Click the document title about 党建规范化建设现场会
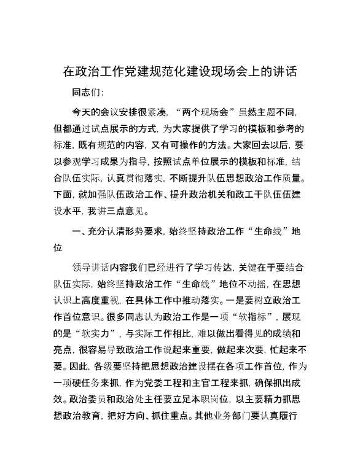click(x=180, y=71)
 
